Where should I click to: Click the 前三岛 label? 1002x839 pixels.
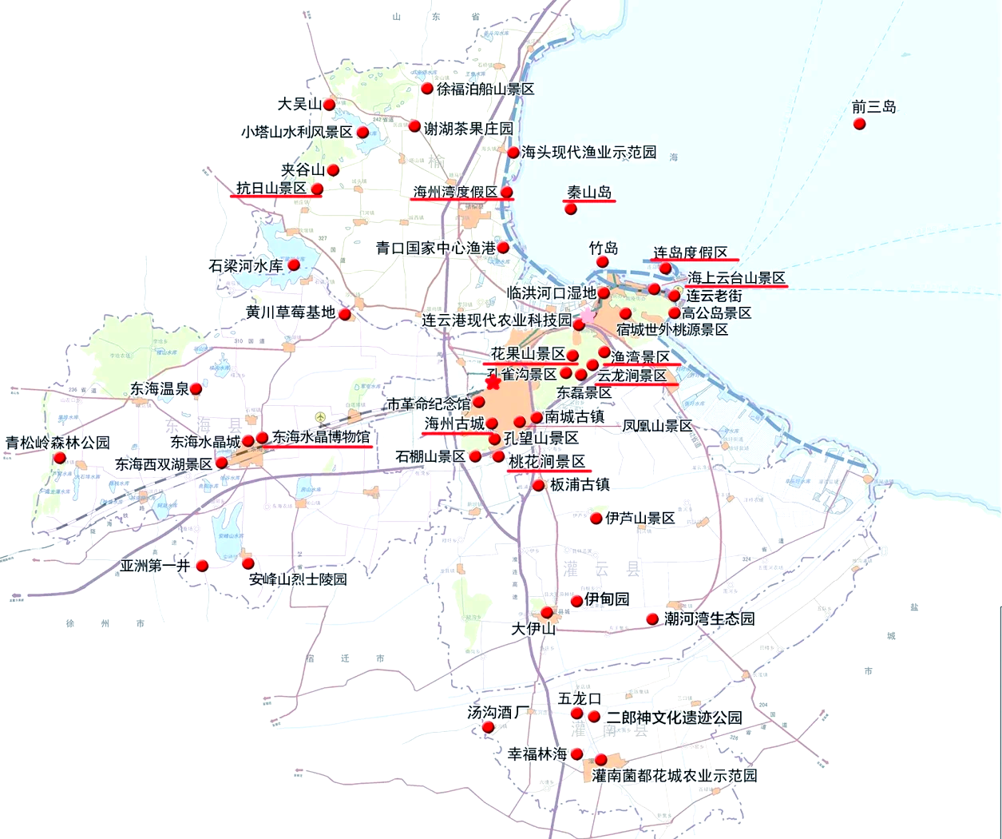[873, 107]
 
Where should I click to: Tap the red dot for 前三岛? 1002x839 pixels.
[859, 124]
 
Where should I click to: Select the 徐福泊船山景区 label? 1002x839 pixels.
[485, 89]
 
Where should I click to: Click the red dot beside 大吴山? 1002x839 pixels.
[329, 105]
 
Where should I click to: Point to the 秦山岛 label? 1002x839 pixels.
[589, 193]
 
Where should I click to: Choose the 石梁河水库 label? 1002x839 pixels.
[246, 266]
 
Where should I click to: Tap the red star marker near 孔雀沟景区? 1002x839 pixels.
[493, 383]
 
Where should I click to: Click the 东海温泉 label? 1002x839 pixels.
[160, 389]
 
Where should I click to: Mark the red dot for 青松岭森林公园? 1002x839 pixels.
[59, 458]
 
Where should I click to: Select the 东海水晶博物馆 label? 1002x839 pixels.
[321, 437]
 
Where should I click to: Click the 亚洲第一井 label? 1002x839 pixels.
[155, 566]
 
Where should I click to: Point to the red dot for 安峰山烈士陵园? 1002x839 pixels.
[248, 563]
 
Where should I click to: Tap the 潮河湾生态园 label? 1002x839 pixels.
[709, 618]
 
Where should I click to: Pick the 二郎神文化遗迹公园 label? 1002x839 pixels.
[674, 718]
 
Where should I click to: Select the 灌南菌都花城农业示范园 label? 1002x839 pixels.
[675, 775]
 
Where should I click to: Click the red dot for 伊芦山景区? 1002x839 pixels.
[596, 519]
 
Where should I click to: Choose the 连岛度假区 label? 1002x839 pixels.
[691, 253]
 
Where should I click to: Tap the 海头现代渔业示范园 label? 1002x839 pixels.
[588, 152]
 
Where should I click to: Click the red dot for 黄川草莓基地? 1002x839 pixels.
[345, 314]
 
